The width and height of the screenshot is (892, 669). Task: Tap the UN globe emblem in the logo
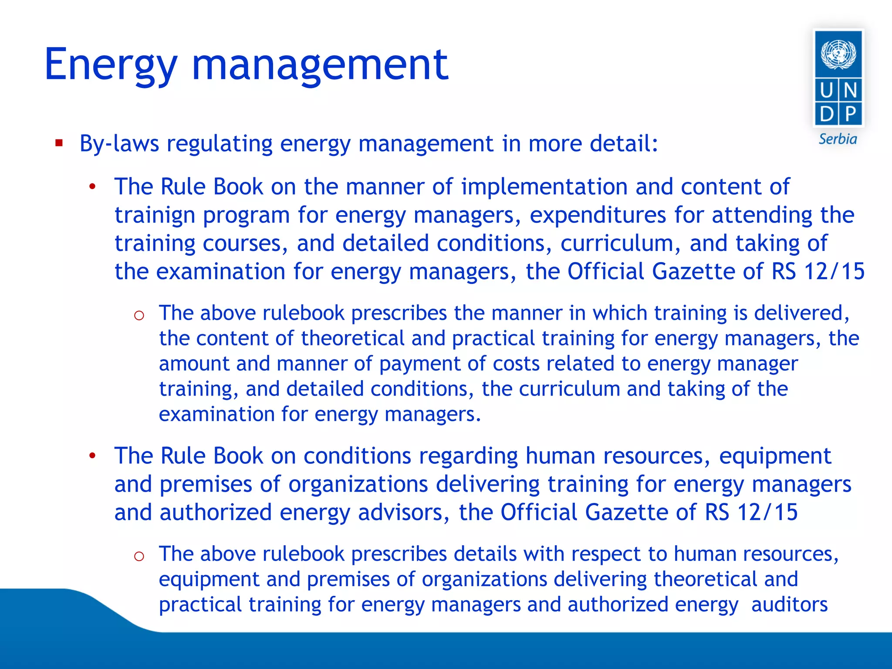[838, 54]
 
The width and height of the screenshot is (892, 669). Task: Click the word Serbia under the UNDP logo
[838, 139]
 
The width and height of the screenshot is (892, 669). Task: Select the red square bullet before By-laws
[59, 143]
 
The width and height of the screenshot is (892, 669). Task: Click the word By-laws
[119, 144]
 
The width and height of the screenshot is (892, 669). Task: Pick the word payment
[419, 364]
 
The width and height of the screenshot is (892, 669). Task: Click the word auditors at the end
[789, 605]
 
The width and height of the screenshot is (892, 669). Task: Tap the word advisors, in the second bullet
[404, 513]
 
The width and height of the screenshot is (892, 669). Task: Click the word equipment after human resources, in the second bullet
[775, 456]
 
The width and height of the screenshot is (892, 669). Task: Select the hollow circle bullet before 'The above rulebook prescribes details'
[139, 556]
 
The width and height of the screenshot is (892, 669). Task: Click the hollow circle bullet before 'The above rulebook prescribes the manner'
[139, 315]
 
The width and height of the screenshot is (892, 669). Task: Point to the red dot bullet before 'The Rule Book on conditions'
[92, 456]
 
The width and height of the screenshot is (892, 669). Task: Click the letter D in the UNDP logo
[826, 114]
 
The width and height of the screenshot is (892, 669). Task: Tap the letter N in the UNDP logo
[850, 91]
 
